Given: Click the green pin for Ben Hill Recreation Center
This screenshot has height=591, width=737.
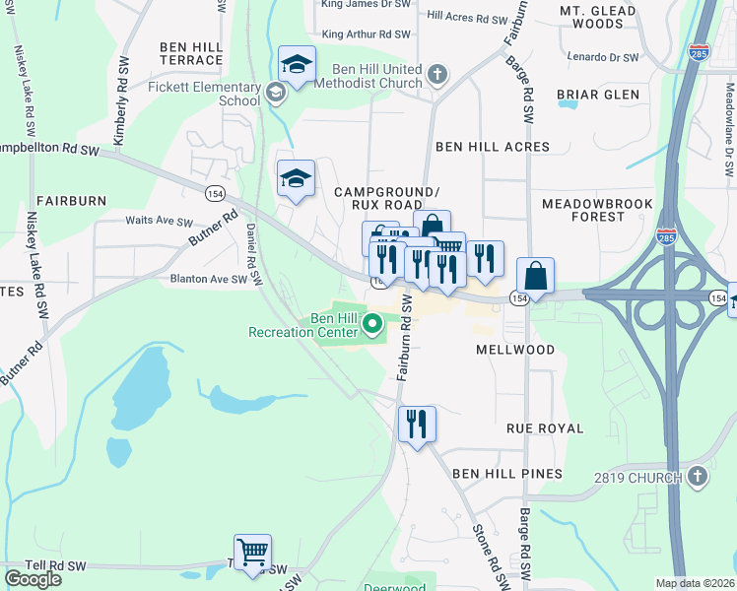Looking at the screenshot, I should click(372, 323).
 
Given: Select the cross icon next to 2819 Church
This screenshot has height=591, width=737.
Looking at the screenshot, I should click(697, 478).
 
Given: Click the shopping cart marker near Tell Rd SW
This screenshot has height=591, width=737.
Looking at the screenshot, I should click(253, 553).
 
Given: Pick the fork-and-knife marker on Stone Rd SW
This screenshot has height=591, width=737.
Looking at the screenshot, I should click(417, 425).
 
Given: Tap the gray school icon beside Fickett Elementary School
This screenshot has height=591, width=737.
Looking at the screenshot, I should click(276, 94).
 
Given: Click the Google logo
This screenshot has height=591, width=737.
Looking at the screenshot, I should click(33, 579).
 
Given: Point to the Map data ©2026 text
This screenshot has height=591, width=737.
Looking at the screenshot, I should click(696, 583).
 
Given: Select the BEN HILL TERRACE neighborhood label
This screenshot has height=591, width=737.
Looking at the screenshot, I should click(191, 53).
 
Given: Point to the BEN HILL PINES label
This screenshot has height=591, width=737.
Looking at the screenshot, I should click(507, 474).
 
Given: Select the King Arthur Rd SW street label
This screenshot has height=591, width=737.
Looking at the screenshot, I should click(366, 34).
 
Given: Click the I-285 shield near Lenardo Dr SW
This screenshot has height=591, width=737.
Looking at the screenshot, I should click(699, 51).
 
